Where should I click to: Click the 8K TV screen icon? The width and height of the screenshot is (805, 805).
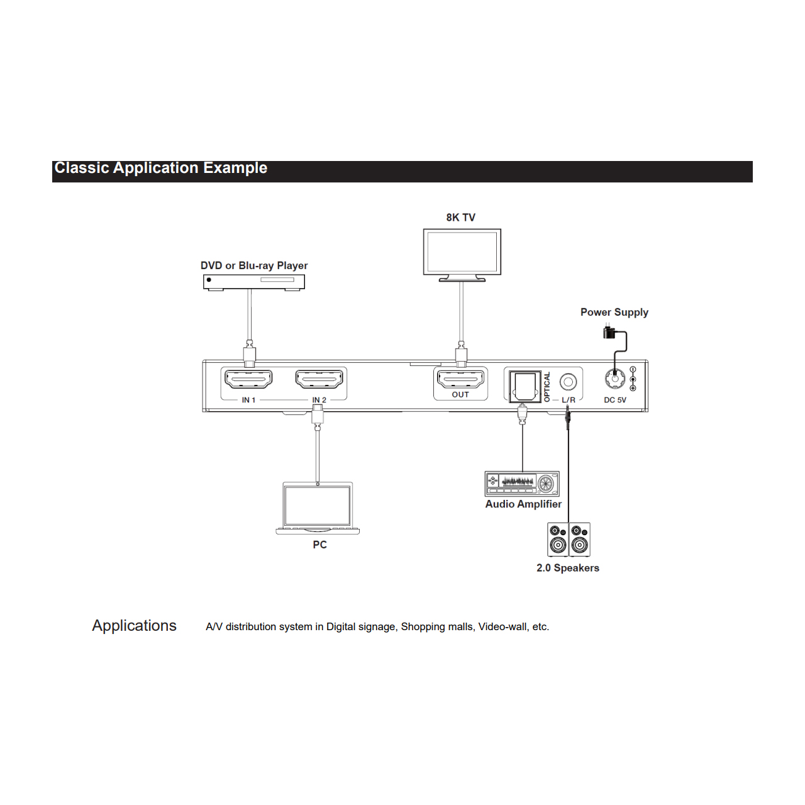tap(462, 255)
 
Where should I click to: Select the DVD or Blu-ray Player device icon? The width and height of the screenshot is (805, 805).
tap(253, 282)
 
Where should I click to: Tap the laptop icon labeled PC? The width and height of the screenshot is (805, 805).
tap(318, 508)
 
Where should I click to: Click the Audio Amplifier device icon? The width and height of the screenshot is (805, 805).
tap(522, 484)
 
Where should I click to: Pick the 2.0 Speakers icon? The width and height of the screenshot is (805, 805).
tap(569, 540)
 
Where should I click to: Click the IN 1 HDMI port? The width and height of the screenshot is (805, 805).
tap(248, 379)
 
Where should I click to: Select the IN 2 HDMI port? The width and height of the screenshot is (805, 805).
tap(319, 379)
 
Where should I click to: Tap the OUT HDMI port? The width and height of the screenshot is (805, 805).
tap(460, 379)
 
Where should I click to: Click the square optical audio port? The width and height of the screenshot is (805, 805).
tap(525, 386)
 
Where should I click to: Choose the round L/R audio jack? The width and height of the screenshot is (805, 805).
tap(568, 381)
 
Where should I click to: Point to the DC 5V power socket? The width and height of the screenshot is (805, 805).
tap(615, 379)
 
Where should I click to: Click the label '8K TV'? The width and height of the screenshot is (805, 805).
tap(461, 217)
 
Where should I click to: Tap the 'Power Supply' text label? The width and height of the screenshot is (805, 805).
tap(614, 312)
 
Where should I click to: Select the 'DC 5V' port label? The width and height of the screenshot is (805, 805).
tap(615, 400)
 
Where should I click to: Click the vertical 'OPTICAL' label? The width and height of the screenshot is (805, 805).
tap(547, 387)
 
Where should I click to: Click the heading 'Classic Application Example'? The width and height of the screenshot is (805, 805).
tap(161, 168)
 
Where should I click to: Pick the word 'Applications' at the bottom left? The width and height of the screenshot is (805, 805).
tap(134, 625)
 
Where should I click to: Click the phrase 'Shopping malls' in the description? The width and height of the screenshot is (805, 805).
tap(438, 626)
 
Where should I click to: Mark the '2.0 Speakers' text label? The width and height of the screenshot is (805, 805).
tap(568, 568)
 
